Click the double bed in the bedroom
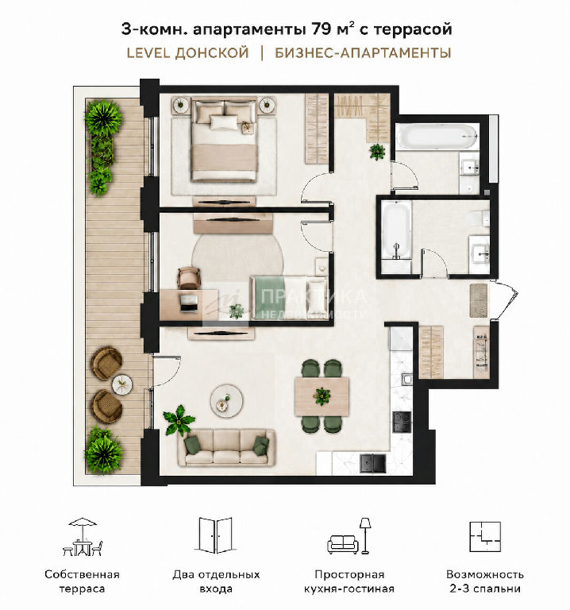225,139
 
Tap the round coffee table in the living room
227,400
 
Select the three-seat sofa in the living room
226,447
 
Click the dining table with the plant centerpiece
322,396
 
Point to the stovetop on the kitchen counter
402,422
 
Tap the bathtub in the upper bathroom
437,136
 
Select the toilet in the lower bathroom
478,218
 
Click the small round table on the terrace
122,384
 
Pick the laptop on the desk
189,303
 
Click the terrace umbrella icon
83,536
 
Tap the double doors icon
215,535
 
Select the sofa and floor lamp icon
349,536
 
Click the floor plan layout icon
485,536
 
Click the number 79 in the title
321,29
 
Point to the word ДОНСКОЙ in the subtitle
212,53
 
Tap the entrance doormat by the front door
479,300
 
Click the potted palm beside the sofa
179,420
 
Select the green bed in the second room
290,297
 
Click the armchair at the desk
189,277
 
